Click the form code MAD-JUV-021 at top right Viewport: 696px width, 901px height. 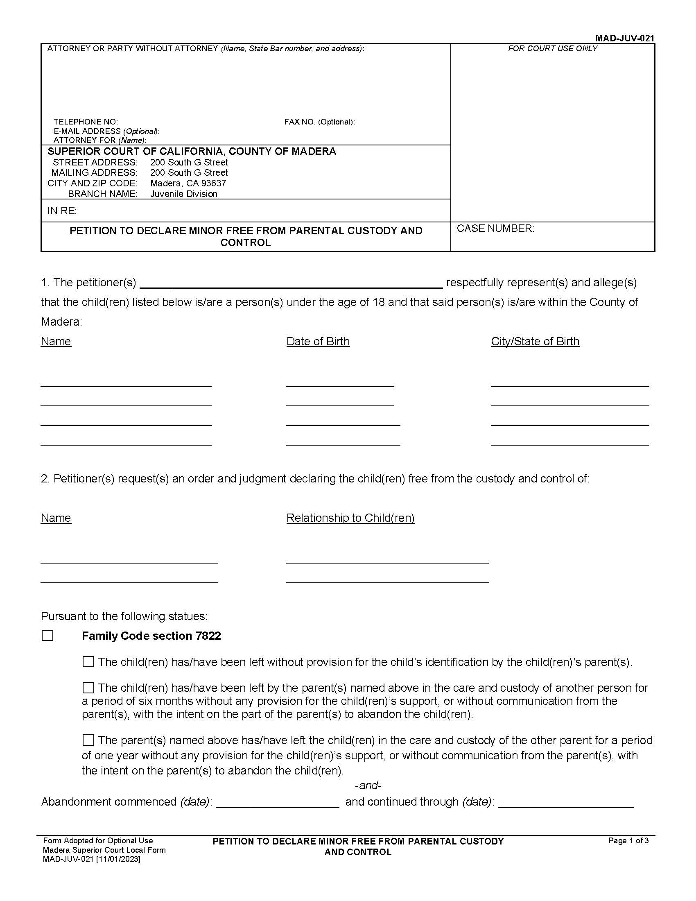click(624, 38)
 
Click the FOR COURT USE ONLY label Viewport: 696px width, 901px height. click(552, 49)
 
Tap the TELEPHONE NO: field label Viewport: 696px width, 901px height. click(86, 122)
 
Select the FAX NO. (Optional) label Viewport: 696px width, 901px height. click(319, 122)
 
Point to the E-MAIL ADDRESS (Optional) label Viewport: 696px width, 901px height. click(106, 131)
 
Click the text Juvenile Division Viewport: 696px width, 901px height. click(183, 194)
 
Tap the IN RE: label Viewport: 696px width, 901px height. click(62, 211)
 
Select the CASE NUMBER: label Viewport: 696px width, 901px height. click(495, 229)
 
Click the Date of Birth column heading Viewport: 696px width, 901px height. click(318, 342)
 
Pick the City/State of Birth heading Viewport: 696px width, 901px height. click(535, 342)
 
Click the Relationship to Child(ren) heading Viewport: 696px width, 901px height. click(350, 518)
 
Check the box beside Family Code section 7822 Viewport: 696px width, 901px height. click(48, 636)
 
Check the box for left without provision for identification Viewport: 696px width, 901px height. click(88, 662)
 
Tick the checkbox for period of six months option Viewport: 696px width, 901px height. click(88, 688)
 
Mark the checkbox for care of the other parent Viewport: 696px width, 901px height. click(88, 740)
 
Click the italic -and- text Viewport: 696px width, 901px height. click(368, 786)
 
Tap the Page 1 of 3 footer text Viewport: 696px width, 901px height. click(628, 841)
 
